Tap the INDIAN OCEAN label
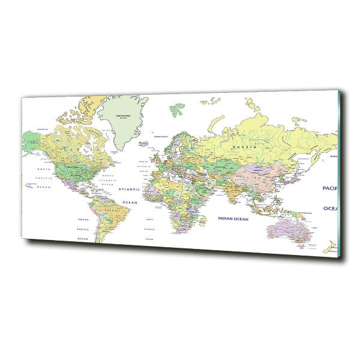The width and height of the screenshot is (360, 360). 233,218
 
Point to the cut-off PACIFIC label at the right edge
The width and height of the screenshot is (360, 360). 329,187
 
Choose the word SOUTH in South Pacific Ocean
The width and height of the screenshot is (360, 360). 83,220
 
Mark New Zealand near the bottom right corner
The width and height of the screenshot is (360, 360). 329,247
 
